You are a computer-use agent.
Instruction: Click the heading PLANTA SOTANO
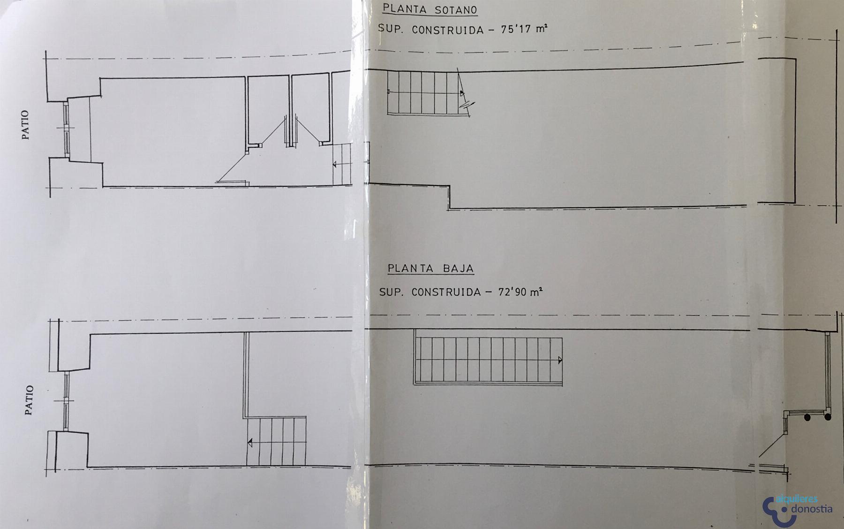(430, 9)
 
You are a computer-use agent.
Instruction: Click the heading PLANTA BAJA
(430, 269)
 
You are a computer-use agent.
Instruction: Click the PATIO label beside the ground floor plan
(29, 400)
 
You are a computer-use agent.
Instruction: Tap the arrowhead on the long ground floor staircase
(560, 360)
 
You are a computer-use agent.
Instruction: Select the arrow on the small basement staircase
(341, 164)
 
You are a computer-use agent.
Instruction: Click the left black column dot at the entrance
(807, 417)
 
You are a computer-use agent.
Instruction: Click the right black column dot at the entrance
(828, 416)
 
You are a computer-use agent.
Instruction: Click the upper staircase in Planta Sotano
(424, 92)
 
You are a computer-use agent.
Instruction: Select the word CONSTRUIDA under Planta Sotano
(447, 30)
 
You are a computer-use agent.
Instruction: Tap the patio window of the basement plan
(67, 128)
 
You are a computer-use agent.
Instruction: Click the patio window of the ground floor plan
(66, 401)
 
